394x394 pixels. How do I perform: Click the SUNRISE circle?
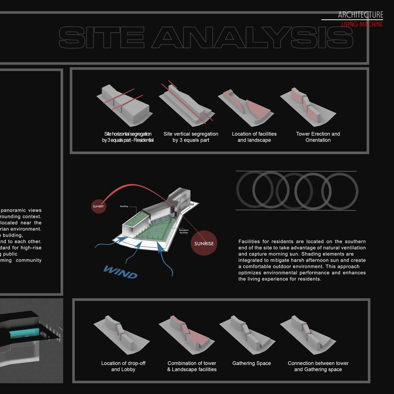[204, 243]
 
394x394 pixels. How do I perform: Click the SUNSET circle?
[98, 206]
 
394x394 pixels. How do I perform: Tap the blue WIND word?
[121, 272]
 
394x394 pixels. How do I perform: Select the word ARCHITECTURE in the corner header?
[360, 15]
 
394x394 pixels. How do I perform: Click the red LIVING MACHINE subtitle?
[362, 24]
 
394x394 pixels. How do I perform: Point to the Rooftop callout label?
[124, 206]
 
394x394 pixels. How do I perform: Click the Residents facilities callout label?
[184, 232]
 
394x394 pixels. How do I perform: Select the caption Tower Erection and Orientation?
[318, 137]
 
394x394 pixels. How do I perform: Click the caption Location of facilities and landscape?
[254, 137]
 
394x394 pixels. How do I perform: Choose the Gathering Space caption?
[251, 363]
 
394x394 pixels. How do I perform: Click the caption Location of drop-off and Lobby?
[123, 366]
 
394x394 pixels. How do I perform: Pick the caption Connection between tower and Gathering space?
[318, 366]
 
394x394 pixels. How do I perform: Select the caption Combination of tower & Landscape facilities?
[192, 366]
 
